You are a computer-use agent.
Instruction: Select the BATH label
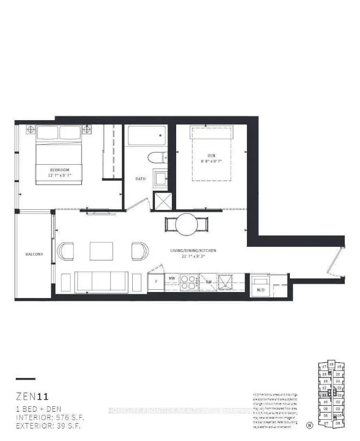(x=140, y=179)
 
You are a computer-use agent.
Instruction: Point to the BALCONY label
(x=34, y=254)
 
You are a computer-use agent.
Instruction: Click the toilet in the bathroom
(x=155, y=158)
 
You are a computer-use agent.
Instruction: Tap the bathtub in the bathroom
(x=145, y=136)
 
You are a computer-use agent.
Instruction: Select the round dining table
(x=187, y=223)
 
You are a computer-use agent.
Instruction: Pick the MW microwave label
(x=171, y=278)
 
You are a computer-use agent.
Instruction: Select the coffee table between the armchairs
(x=101, y=250)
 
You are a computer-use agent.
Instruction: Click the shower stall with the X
(x=163, y=201)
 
